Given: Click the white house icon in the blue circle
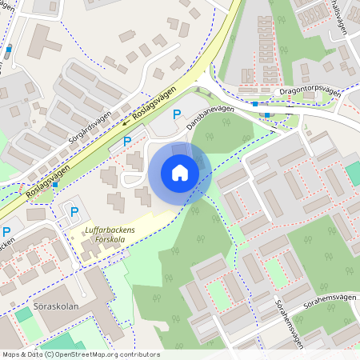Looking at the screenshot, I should (x=180, y=172).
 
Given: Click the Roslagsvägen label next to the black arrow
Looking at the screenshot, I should (x=155, y=105).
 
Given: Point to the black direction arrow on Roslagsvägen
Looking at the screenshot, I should (x=126, y=122).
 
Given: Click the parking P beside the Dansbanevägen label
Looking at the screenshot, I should (x=177, y=114).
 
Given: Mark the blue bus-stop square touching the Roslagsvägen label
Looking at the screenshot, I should (x=54, y=184).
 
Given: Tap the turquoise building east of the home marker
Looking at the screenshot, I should (x=353, y=174).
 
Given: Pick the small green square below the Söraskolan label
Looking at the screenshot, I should (x=24, y=314).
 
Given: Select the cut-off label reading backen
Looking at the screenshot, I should (x=6, y=245).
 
